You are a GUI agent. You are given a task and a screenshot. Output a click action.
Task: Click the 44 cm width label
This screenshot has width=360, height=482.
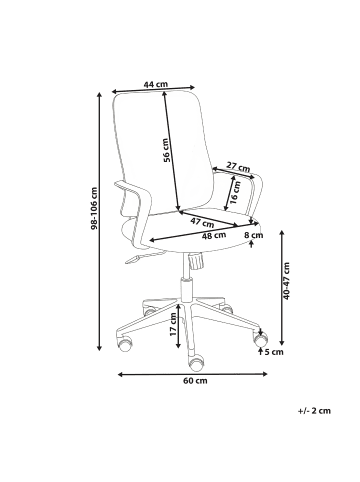(155, 86)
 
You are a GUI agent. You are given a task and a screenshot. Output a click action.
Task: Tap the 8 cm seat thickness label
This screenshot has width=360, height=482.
(253, 235)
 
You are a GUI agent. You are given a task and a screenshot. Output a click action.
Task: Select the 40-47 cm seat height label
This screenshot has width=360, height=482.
(288, 283)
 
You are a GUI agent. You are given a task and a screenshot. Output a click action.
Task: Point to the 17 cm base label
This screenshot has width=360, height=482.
(172, 323)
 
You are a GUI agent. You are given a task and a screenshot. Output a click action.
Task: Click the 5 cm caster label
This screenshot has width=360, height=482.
(273, 352)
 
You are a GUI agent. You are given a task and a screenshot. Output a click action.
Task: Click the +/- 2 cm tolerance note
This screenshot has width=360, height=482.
(314, 410)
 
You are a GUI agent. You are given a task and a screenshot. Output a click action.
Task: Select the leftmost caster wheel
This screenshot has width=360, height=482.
(125, 346)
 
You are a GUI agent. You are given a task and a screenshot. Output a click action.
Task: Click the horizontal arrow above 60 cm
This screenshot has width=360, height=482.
(192, 371)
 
